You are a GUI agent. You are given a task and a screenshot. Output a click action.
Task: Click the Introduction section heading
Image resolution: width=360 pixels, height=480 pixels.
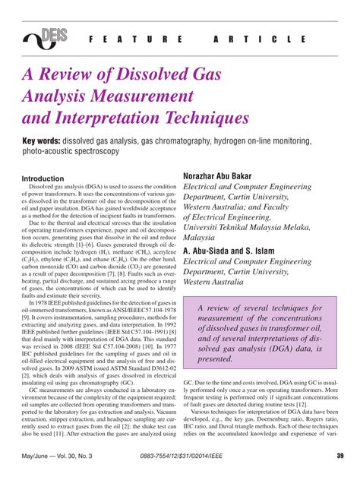coord(43,178)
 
